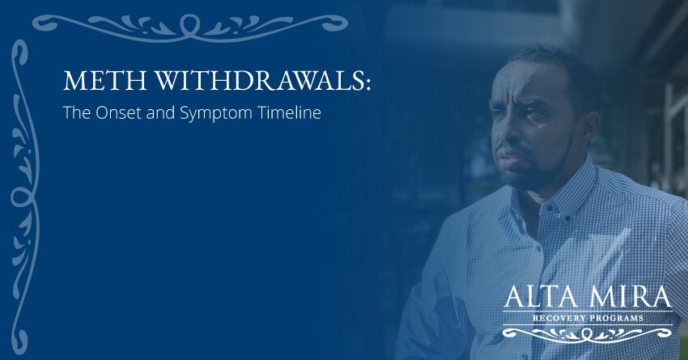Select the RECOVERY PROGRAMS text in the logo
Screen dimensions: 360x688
[587, 318]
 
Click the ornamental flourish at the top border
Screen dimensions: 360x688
[190, 24]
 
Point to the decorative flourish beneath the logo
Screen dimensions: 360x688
[587, 332]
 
